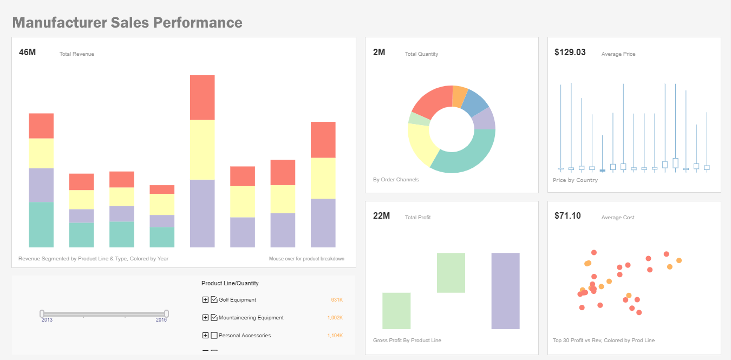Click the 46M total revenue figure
[27, 53]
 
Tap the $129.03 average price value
[570, 53]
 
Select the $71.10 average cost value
[567, 216]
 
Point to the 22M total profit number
[381, 216]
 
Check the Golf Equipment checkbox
[214, 300]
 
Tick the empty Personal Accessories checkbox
[214, 336]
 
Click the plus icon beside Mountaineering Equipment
[205, 318]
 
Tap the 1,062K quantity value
[335, 318]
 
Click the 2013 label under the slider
[47, 320]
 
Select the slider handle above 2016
[167, 313]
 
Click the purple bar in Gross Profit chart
[505, 291]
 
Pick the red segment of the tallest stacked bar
[202, 97]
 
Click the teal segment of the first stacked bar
[41, 225]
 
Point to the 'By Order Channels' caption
[396, 180]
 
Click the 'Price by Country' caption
[575, 180]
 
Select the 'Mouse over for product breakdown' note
[306, 259]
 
